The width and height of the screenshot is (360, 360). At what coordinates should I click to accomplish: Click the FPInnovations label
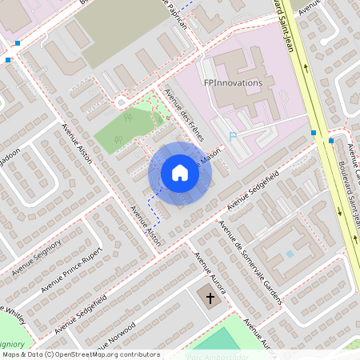pos(233,82)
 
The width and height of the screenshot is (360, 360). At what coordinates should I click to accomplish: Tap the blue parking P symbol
pos(233,137)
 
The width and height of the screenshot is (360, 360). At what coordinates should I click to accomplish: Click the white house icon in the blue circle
pos(180,172)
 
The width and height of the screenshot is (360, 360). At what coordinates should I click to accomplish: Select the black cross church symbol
pos(211,298)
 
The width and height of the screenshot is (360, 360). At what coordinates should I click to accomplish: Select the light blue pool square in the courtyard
pos(290,254)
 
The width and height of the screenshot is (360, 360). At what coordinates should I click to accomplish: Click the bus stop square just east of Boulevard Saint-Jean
pos(331,142)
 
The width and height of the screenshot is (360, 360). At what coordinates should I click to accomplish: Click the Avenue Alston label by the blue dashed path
pos(146,226)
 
